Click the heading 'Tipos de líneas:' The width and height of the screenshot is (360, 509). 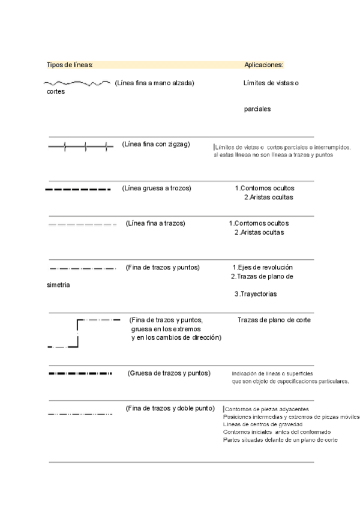coord(70,65)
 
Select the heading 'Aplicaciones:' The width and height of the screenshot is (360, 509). coord(264,65)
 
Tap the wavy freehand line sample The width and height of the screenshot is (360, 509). coord(77,83)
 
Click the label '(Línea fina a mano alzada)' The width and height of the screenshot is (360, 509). coord(154,83)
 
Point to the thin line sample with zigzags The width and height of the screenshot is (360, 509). coord(80,146)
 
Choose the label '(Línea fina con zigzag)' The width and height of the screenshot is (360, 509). coord(156,144)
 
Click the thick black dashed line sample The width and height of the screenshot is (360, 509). coord(78,190)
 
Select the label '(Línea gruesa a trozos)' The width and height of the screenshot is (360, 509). coord(156,188)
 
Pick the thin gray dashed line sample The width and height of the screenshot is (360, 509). coord(82,224)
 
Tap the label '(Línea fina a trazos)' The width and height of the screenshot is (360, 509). coord(155,223)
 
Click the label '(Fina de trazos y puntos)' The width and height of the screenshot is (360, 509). coord(163,267)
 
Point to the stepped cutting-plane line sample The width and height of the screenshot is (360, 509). coord(78,334)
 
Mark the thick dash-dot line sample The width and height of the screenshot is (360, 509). coord(80,374)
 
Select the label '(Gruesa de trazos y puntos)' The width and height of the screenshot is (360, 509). coord(169,373)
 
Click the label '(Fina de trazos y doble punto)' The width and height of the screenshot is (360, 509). coord(170,408)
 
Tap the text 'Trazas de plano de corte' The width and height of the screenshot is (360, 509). coord(274,320)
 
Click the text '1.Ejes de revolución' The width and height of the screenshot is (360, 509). coord(263,267)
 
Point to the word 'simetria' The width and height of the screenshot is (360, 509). coord(58,285)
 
